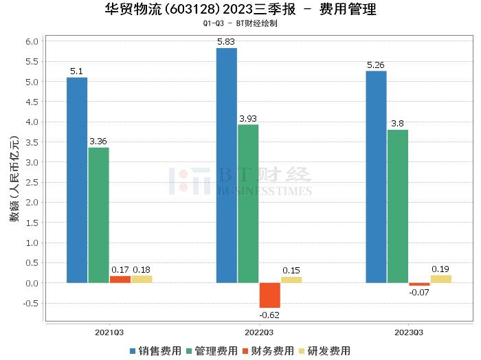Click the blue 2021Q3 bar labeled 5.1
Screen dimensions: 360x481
click(x=77, y=180)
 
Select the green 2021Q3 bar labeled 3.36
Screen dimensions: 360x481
click(x=98, y=215)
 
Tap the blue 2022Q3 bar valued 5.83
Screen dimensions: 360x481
click(x=227, y=165)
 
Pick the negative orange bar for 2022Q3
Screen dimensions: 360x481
click(x=269, y=295)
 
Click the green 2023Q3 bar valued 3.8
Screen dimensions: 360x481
click(x=397, y=206)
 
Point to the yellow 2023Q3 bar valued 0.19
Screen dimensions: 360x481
click(x=440, y=279)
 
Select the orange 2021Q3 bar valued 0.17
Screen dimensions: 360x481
click(x=120, y=280)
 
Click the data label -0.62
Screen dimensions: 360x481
click(x=269, y=315)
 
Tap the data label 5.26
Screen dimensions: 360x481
click(x=376, y=65)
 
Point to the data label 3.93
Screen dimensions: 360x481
click(x=248, y=119)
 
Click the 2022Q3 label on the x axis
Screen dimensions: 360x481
click(x=259, y=332)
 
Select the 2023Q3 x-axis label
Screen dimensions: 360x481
click(x=408, y=332)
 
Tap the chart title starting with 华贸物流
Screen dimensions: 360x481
click(x=240, y=10)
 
